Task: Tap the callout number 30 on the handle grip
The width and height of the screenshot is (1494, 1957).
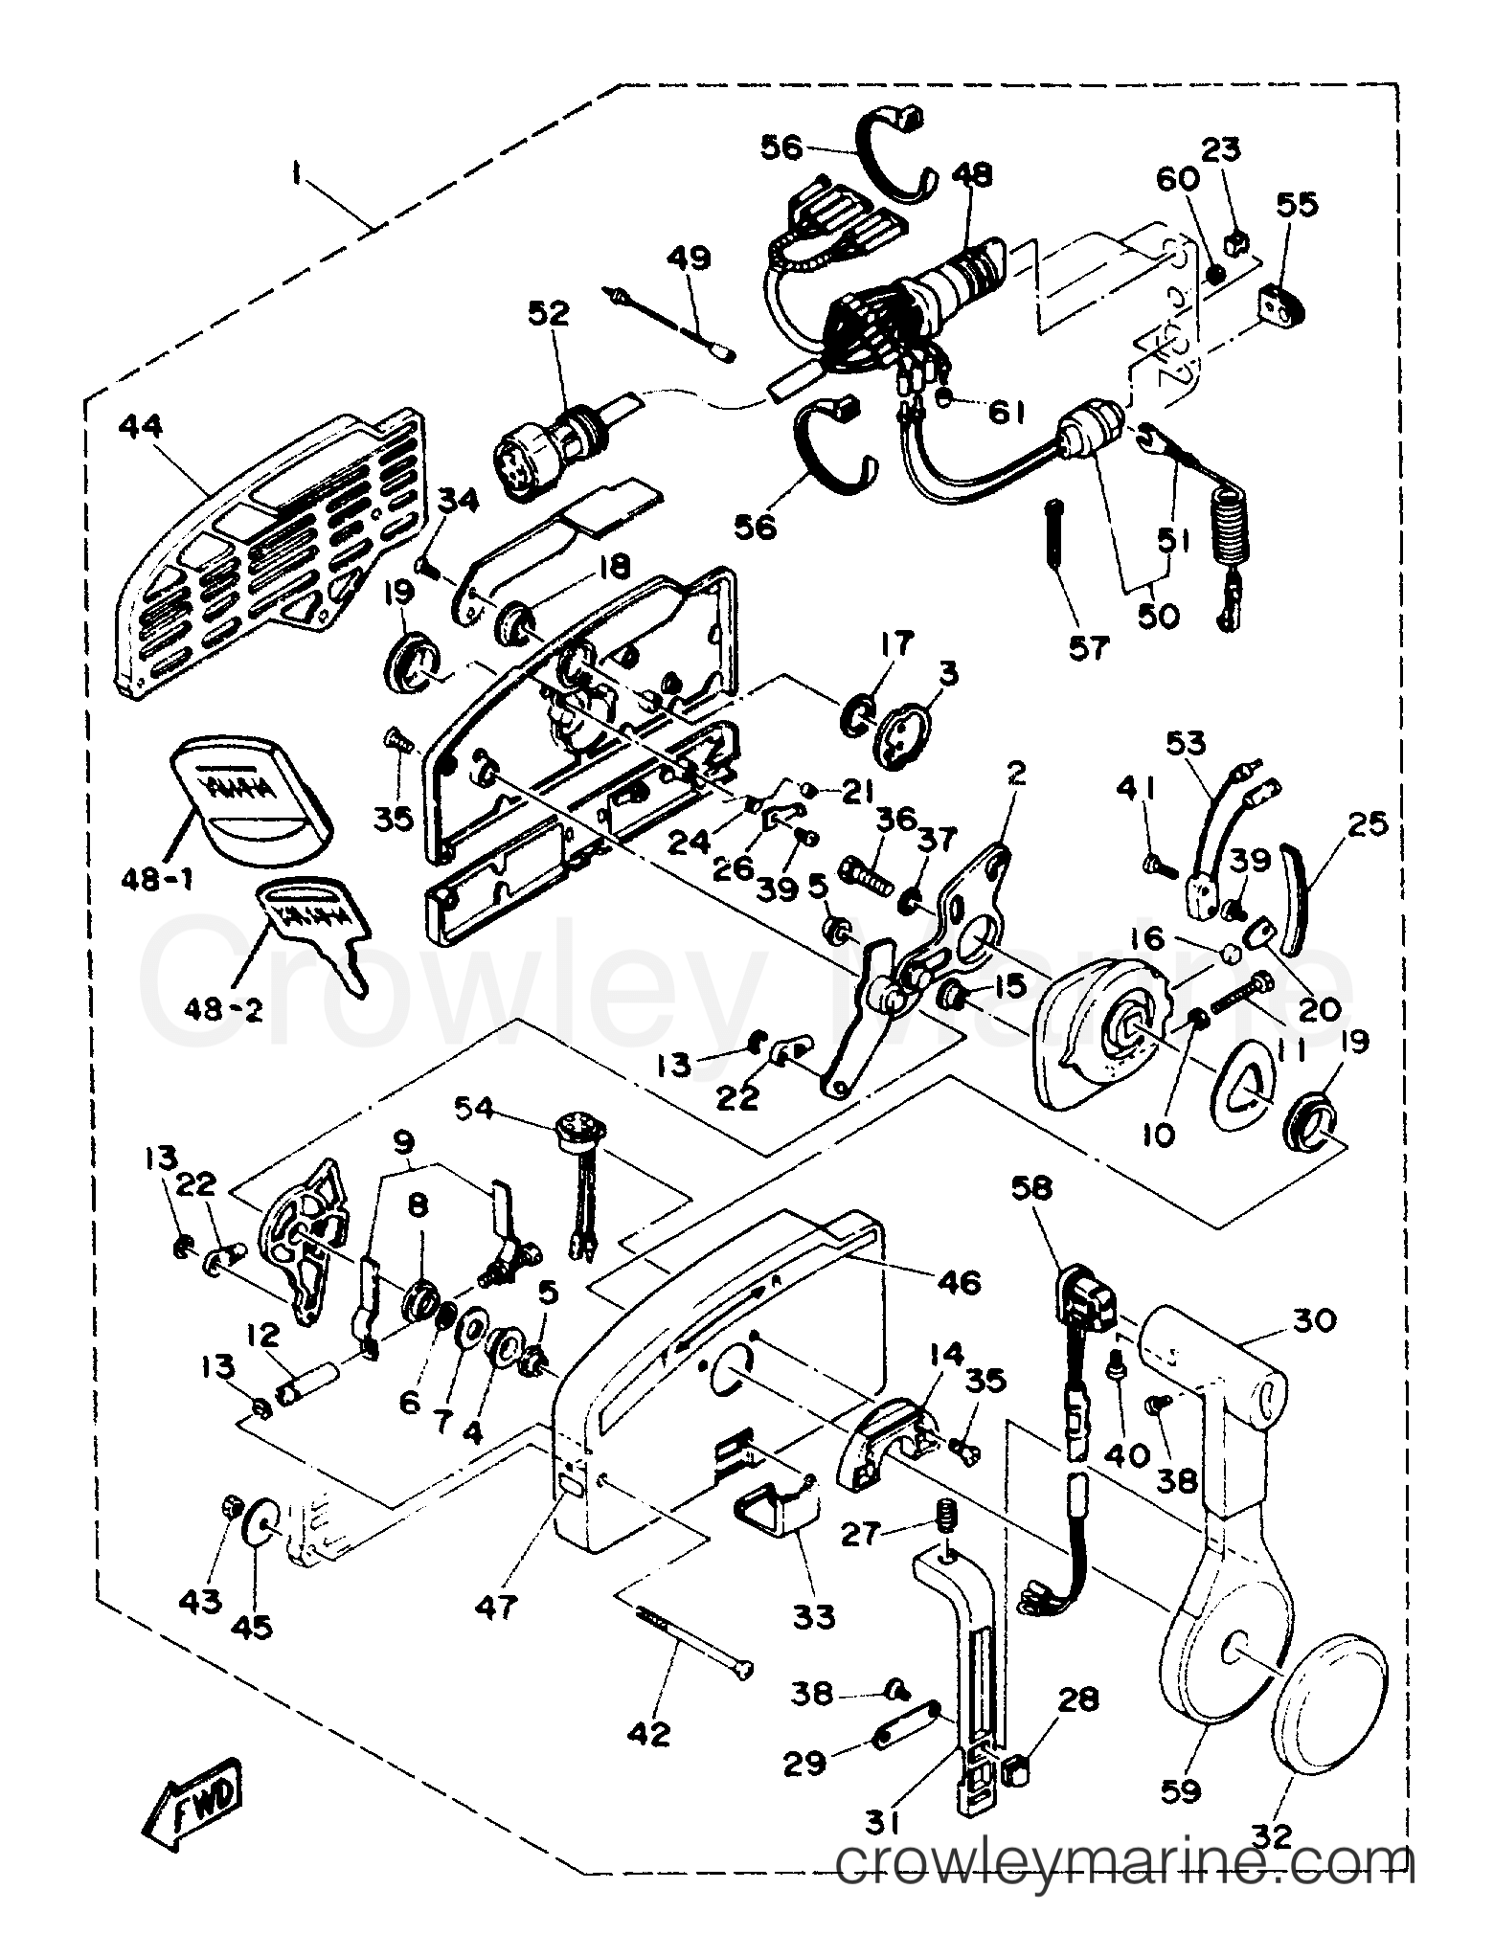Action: click(1313, 1321)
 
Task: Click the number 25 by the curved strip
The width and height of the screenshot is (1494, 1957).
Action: click(1365, 823)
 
